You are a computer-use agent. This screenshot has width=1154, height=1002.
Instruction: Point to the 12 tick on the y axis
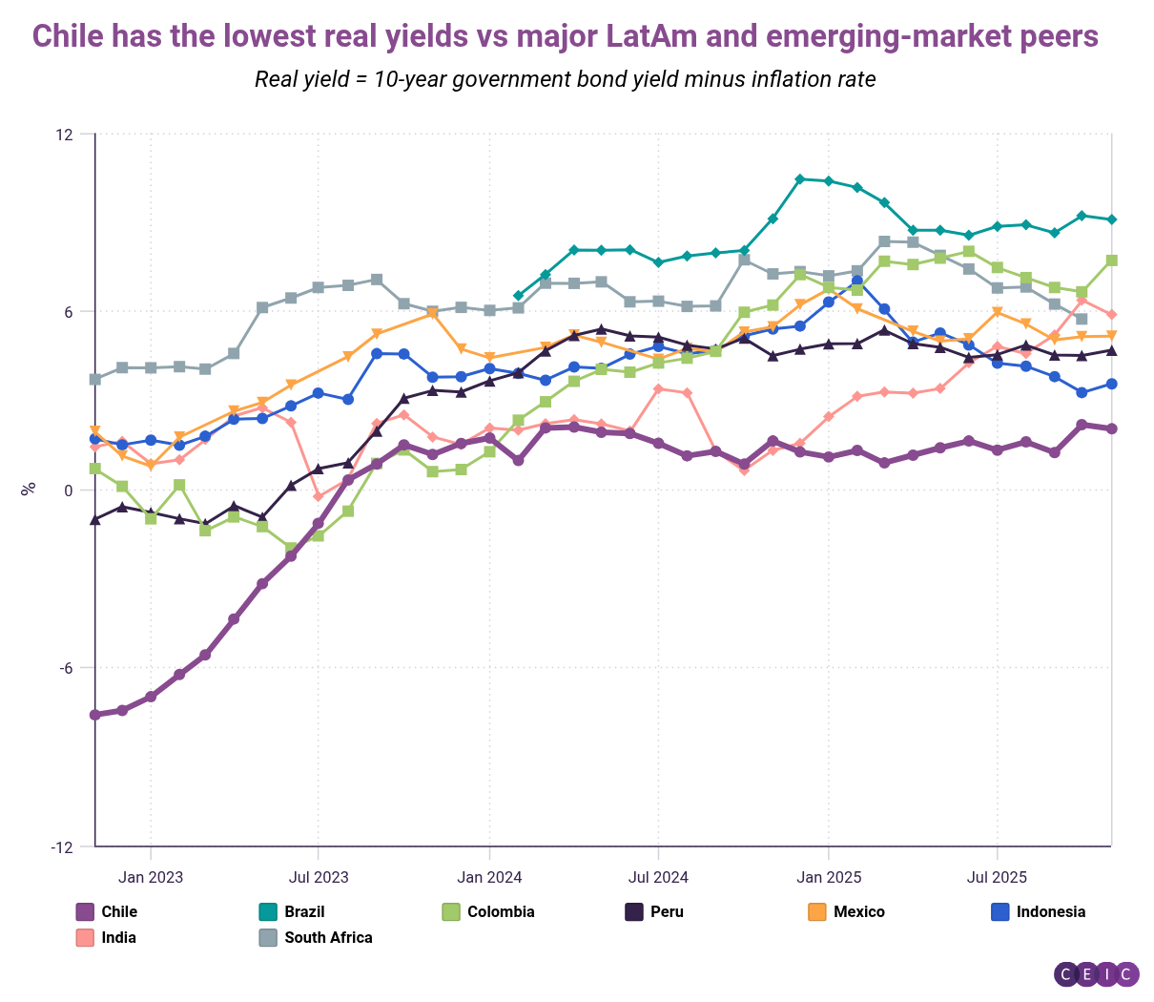pyautogui.click(x=64, y=134)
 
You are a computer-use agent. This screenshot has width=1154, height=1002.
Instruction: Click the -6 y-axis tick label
pyautogui.click(x=64, y=668)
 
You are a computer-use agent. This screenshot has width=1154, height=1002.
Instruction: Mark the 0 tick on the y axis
pyautogui.click(x=68, y=490)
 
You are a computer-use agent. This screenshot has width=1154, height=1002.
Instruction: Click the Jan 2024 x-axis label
pyautogui.click(x=489, y=877)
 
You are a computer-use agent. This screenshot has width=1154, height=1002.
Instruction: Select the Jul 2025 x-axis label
pyautogui.click(x=997, y=877)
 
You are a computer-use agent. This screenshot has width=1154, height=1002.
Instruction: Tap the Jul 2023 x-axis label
pyautogui.click(x=319, y=877)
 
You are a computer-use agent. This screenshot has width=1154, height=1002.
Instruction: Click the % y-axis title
pyautogui.click(x=29, y=488)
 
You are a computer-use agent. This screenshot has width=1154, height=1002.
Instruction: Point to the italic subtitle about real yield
pyautogui.click(x=565, y=79)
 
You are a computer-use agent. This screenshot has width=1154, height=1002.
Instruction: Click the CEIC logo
pyautogui.click(x=1096, y=974)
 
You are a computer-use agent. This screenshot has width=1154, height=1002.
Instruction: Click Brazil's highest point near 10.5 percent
pyautogui.click(x=799, y=178)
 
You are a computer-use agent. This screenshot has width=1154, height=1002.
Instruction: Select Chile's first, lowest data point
pyautogui.click(x=94, y=715)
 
